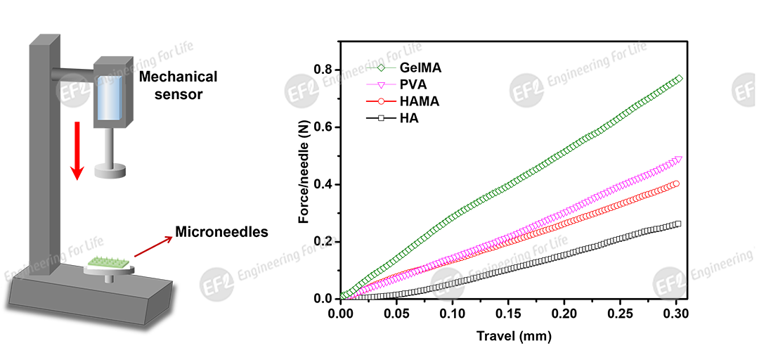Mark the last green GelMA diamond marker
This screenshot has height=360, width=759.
678,79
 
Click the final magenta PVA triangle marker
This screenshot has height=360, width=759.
678,160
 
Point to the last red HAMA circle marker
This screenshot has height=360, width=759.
677,184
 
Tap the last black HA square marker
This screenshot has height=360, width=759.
677,224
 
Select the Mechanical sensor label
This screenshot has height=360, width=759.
177,84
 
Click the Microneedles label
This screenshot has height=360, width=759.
221,232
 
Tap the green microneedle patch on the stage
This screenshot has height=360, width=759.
108,261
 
